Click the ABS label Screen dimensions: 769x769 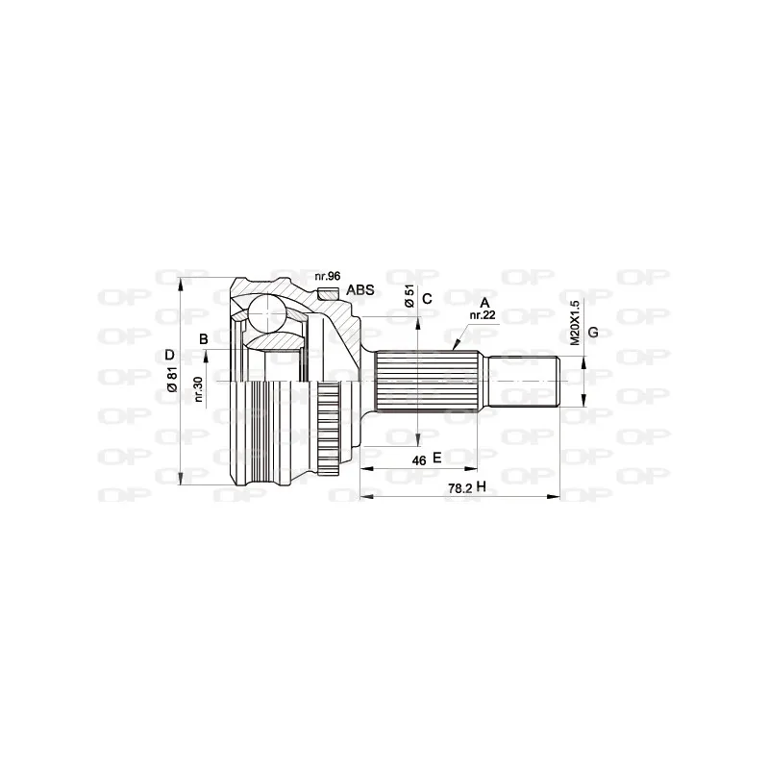[x=360, y=289]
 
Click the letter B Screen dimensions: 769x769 [x=204, y=337]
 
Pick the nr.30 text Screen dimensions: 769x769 [x=198, y=389]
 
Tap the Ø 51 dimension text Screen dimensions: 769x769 [x=409, y=296]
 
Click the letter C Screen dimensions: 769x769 [x=428, y=297]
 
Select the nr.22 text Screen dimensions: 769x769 [x=482, y=315]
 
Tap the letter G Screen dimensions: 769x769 [x=593, y=332]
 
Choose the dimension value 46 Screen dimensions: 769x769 [x=419, y=460]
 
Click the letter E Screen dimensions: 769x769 [x=436, y=459]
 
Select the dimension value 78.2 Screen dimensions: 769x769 [x=459, y=488]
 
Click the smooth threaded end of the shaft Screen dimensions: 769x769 [x=525, y=384]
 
